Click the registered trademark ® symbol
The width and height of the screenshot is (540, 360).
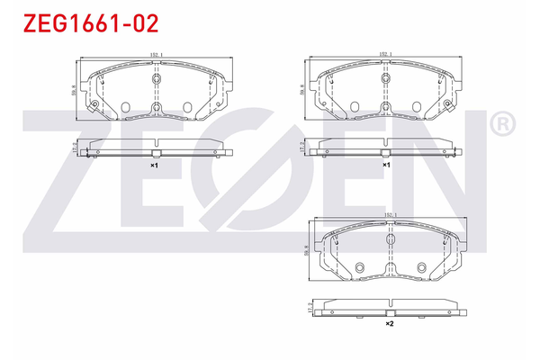502,124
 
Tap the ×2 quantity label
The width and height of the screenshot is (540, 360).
389,322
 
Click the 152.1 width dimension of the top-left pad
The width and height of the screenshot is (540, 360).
155,55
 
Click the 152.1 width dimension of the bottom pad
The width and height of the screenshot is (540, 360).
390,214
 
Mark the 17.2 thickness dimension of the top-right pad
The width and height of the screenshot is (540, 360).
301,148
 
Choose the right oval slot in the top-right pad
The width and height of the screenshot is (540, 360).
418,108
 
